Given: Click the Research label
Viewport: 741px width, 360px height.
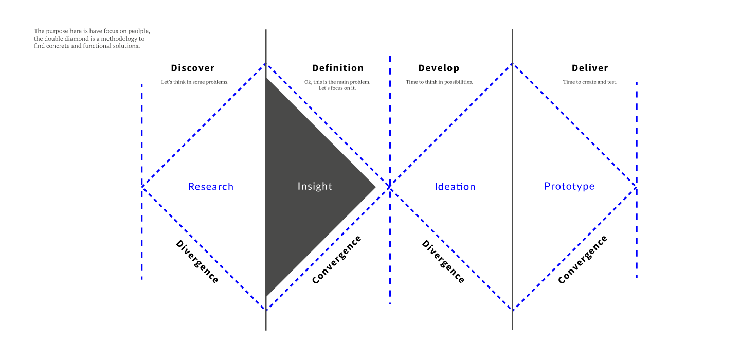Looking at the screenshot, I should [x=211, y=187].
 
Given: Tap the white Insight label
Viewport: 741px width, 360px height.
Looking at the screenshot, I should [x=315, y=186].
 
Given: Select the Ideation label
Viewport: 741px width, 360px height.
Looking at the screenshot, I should [x=455, y=187].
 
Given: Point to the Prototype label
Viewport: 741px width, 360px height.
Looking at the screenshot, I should [x=569, y=187].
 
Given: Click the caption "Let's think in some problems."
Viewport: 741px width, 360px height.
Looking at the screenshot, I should [x=195, y=82].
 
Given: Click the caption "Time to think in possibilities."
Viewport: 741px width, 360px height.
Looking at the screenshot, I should [x=439, y=82].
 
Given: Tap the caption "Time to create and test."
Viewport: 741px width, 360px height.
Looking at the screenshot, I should [x=590, y=82].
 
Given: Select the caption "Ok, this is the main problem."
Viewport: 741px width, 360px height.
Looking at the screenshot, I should [x=337, y=82].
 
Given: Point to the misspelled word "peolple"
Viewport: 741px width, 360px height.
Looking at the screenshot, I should [x=139, y=31].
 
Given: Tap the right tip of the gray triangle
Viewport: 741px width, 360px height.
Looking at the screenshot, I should [x=376, y=187].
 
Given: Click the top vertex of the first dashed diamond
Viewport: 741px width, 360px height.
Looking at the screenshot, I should [x=266, y=64].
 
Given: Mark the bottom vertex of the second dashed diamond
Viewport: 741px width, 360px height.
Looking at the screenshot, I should [x=513, y=310].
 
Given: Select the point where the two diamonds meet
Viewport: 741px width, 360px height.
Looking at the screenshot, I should [x=390, y=187].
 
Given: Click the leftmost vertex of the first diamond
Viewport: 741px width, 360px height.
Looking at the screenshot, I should [x=142, y=185].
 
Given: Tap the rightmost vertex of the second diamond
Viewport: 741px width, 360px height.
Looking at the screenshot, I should [x=636, y=187].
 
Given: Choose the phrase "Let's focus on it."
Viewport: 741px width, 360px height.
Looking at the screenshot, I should [x=337, y=88].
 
